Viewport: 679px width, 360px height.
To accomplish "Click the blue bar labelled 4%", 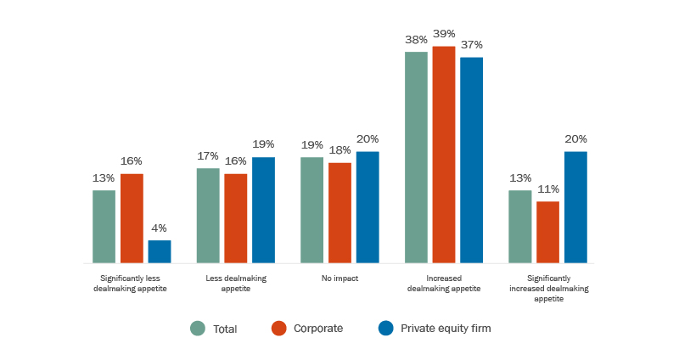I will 160,251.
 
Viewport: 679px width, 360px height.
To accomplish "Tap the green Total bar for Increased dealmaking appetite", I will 416,157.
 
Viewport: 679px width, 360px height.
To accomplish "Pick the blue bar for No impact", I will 368,207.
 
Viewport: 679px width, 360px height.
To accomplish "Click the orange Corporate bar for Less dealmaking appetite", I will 236,218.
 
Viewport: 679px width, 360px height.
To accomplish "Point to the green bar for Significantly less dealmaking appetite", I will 104,227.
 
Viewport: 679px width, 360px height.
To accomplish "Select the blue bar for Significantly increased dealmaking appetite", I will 575,207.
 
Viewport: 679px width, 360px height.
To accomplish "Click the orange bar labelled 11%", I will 547,232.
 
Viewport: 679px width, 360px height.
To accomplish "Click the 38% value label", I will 416,39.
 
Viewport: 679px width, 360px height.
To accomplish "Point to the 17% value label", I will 208,156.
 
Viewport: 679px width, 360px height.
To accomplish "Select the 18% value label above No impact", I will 339,150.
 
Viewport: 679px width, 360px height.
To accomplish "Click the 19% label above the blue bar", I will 264,145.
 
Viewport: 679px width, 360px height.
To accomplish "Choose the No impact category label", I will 339,278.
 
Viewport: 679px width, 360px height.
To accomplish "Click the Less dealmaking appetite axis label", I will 236,283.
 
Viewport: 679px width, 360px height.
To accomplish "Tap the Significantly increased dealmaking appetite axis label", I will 547,288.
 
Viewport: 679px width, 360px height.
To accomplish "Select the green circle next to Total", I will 198,329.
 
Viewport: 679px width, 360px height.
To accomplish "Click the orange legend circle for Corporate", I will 278,329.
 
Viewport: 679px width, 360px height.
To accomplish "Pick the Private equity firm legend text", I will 446,329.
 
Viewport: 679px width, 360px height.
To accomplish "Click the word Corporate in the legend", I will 318,329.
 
